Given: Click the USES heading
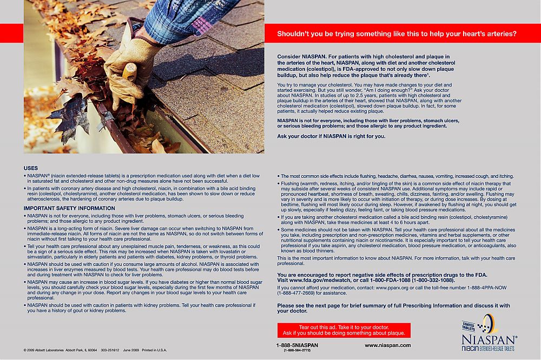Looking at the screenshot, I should (31, 168).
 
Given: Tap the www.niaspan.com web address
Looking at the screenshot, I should (387, 345).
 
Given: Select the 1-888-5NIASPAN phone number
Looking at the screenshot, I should (297, 345).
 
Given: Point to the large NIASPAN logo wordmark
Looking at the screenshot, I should (489, 339).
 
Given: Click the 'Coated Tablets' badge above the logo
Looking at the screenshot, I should (469, 326).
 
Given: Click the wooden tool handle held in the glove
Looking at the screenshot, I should (128, 73).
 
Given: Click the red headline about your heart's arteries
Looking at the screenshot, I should (397, 34).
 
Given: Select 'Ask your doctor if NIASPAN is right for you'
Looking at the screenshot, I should (331, 136).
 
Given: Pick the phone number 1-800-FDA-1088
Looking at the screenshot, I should (383, 281).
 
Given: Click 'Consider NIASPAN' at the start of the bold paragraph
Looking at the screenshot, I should (300, 56).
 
